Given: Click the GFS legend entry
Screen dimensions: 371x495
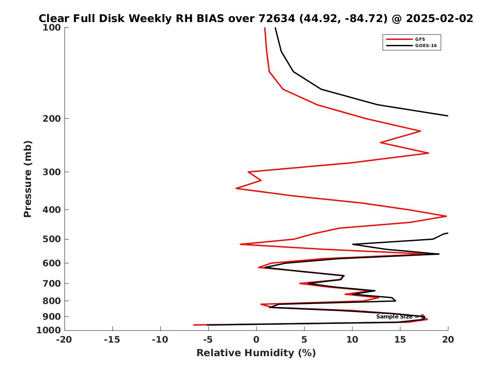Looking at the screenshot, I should tap(420, 39).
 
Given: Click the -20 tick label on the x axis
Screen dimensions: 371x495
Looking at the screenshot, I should tap(64, 339).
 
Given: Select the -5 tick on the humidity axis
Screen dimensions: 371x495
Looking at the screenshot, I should tap(208, 339).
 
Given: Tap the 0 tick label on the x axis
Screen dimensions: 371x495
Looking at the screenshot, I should tap(256, 339).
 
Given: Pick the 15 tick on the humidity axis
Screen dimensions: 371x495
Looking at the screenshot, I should tap(400, 339).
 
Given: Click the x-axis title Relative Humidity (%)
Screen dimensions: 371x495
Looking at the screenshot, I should tap(256, 353).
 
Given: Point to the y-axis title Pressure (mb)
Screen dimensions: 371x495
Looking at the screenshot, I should tap(28, 179).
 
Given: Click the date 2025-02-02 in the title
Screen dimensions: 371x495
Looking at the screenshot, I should tap(439, 19).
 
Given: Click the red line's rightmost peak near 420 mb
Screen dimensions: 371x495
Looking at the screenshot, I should tap(446, 216).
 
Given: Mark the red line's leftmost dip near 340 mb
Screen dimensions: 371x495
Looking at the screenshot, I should tap(236, 188).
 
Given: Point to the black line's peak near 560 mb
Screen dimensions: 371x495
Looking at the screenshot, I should tap(439, 254).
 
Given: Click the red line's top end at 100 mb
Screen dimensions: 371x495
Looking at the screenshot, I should tap(265, 28).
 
